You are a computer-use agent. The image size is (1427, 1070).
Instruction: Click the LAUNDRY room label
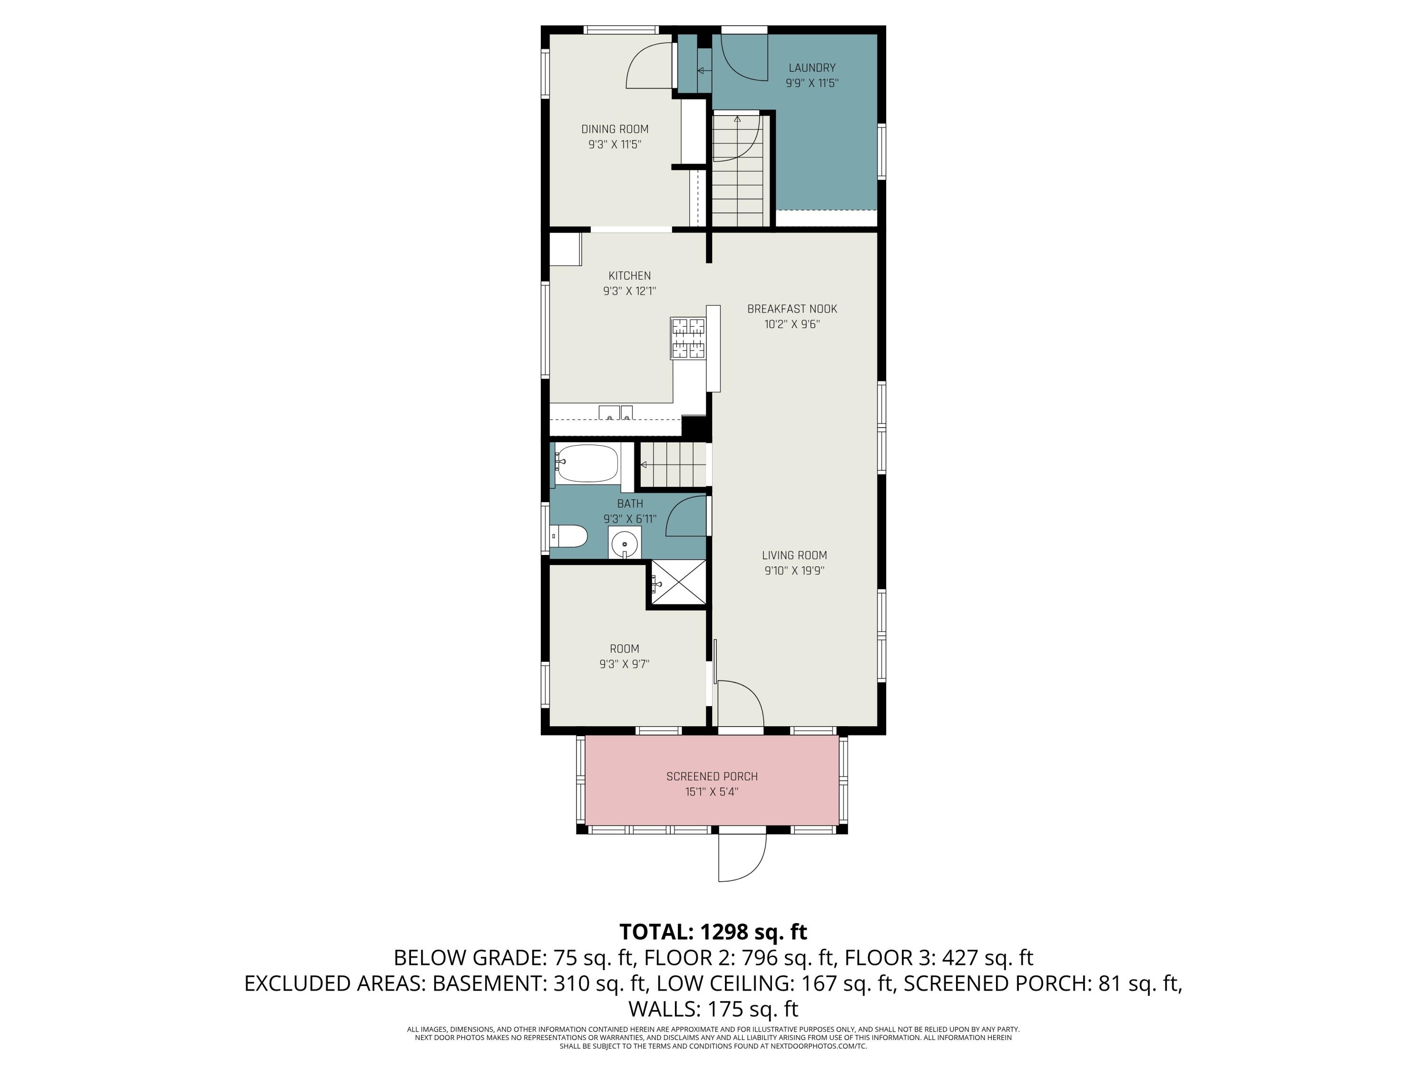click(811, 68)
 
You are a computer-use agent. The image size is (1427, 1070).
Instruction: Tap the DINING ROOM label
click(615, 129)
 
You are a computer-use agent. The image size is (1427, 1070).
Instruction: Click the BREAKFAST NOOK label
click(792, 309)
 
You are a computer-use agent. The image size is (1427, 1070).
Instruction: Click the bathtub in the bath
click(587, 463)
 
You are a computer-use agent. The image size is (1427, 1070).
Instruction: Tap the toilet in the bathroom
click(568, 536)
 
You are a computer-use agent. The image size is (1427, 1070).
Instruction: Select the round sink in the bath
click(625, 544)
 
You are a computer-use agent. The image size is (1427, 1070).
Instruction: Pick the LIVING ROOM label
click(794, 555)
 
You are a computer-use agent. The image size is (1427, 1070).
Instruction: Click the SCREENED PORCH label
click(712, 777)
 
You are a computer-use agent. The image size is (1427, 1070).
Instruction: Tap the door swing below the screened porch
click(742, 858)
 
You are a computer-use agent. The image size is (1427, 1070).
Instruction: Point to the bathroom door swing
click(686, 516)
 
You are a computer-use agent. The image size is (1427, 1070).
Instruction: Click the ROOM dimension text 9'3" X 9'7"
click(624, 664)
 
